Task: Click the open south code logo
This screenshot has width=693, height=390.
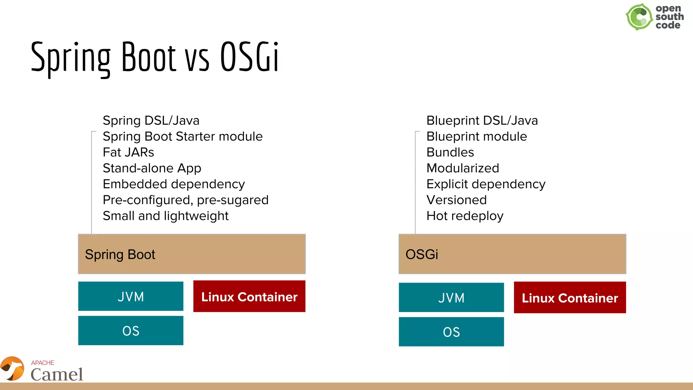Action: tap(654, 17)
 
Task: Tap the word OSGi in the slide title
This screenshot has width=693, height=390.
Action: tap(249, 57)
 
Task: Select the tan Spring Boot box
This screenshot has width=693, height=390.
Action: tap(192, 254)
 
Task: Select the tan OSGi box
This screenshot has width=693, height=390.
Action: tap(512, 254)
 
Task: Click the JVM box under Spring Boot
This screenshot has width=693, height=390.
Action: tap(131, 296)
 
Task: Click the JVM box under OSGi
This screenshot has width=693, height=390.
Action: tap(451, 297)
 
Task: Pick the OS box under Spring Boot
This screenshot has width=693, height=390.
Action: tap(131, 330)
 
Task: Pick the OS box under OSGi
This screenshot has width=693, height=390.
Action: tap(451, 332)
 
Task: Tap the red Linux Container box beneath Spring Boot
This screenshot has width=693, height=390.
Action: tap(249, 296)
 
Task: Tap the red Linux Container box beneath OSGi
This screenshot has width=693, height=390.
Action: tap(569, 297)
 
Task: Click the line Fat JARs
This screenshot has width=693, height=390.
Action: tap(128, 152)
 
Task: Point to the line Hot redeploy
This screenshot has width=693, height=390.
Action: tap(465, 216)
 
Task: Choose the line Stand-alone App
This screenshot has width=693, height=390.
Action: tap(152, 168)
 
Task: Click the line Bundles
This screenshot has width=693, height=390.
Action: tap(450, 152)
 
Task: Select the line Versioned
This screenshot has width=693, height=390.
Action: tap(456, 200)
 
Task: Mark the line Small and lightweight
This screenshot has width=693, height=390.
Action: tap(165, 216)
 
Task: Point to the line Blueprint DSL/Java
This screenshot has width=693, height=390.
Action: tap(482, 121)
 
